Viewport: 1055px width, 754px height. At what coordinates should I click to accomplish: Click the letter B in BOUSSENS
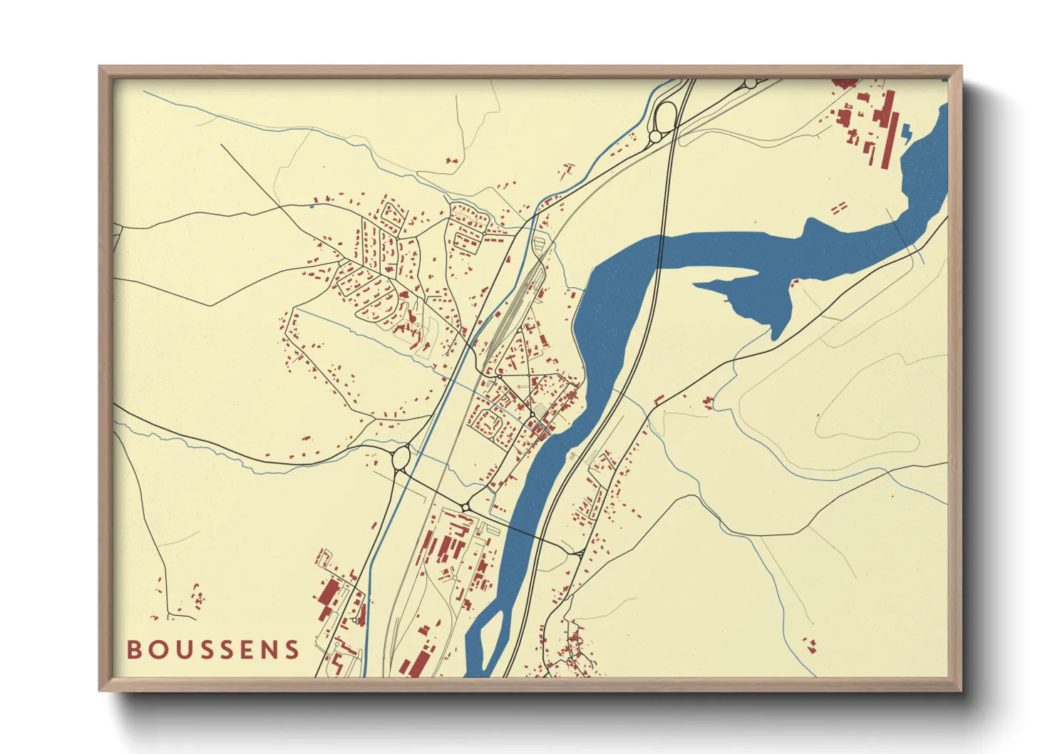(x=134, y=649)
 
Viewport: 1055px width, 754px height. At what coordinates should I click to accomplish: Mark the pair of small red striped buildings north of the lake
(x=839, y=207)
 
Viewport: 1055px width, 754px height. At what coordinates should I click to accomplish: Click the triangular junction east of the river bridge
(x=578, y=552)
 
